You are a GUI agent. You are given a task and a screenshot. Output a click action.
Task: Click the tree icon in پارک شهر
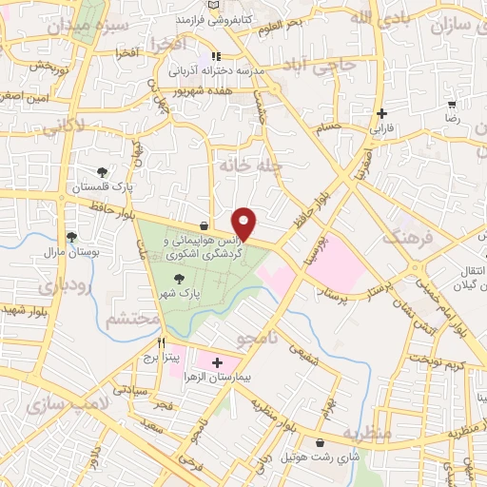pos(178,278)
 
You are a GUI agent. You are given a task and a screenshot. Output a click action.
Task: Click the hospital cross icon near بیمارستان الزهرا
pos(217,362)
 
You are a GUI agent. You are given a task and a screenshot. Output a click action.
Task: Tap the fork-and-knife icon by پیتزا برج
pos(163,343)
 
